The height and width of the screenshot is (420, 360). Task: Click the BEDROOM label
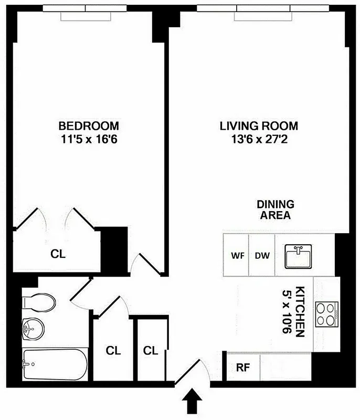point(88,126)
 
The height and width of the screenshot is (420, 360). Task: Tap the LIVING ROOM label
point(259,126)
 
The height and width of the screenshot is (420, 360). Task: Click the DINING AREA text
point(275,209)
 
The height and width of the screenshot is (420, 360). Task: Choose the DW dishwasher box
point(262,256)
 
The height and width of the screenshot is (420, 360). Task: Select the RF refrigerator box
point(243,367)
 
